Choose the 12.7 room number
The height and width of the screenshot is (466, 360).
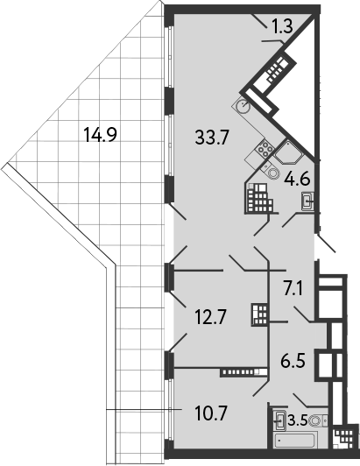[210, 317]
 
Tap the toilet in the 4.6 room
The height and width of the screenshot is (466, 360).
[274, 174]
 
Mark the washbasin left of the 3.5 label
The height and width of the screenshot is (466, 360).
[280, 419]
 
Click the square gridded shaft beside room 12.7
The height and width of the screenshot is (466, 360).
[259, 313]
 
